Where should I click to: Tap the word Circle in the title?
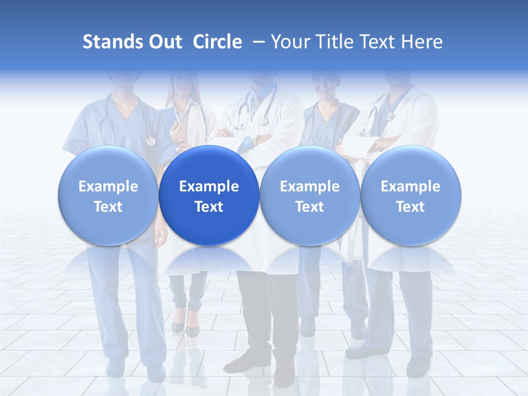pyautogui.click(x=217, y=42)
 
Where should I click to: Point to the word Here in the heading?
pyautogui.click(x=422, y=42)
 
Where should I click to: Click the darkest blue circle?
pyautogui.click(x=209, y=196)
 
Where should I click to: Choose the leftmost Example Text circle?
pyautogui.click(x=108, y=196)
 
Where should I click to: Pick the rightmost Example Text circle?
pyautogui.click(x=410, y=196)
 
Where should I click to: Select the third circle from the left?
pyautogui.click(x=310, y=196)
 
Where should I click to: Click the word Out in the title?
pyautogui.click(x=164, y=42)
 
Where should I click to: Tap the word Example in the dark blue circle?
pyautogui.click(x=209, y=186)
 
